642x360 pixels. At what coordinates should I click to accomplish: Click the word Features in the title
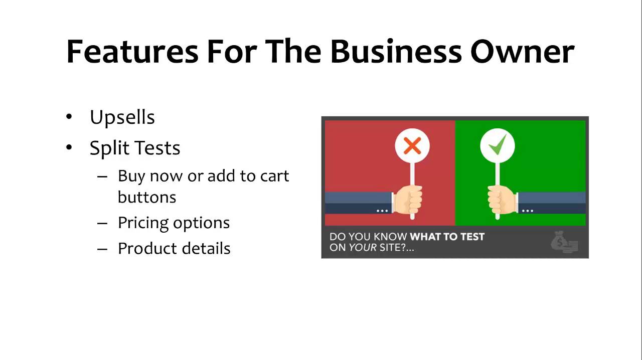(x=132, y=51)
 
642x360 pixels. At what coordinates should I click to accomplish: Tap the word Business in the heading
(x=396, y=51)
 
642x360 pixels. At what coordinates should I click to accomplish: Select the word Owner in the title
(x=522, y=52)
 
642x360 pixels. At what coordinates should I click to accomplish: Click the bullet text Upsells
(x=122, y=117)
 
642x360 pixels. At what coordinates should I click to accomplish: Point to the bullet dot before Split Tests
(x=69, y=147)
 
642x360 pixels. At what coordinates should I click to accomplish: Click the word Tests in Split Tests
(x=157, y=148)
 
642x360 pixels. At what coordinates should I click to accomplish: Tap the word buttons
(x=147, y=197)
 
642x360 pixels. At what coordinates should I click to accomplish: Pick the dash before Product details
(x=102, y=249)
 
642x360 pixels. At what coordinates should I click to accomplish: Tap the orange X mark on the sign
(x=412, y=146)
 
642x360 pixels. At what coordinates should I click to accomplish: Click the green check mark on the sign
(x=498, y=145)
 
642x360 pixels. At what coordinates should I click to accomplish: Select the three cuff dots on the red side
(x=382, y=211)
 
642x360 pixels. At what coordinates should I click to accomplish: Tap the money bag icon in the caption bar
(x=564, y=242)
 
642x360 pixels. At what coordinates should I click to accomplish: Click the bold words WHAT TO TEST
(x=447, y=237)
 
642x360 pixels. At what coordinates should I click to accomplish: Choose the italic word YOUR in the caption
(x=363, y=247)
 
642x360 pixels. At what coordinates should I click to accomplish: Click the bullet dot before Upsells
(x=69, y=117)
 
